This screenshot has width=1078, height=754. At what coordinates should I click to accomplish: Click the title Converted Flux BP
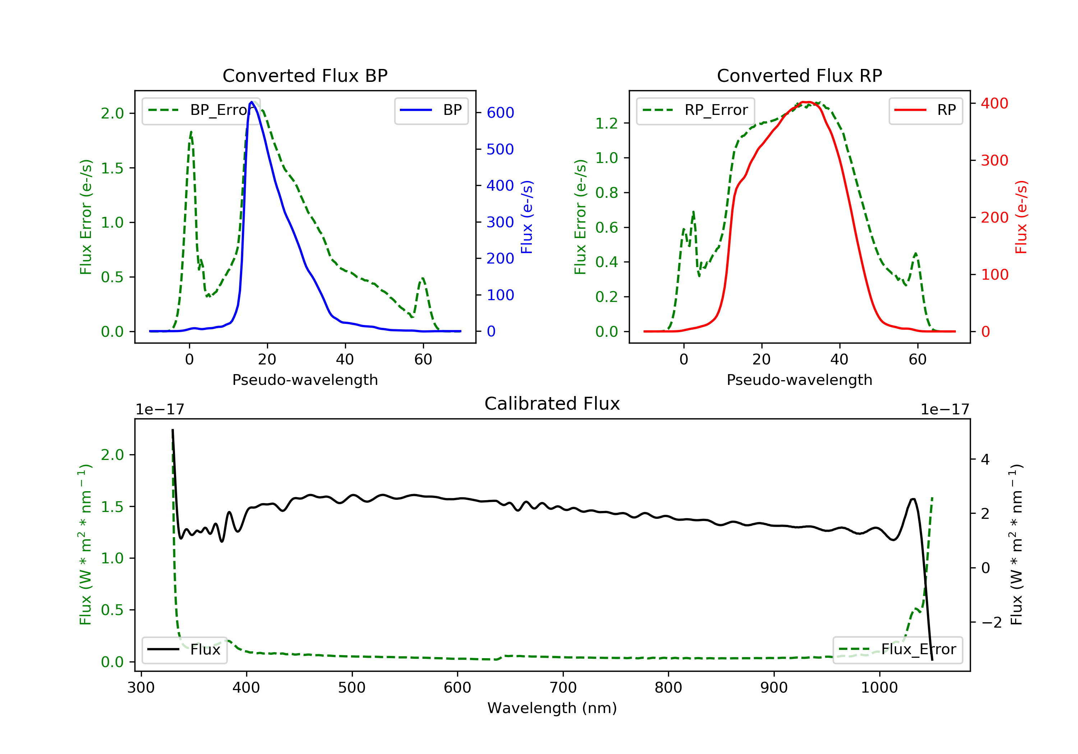click(x=305, y=75)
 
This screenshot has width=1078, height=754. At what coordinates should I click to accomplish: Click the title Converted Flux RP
click(x=799, y=75)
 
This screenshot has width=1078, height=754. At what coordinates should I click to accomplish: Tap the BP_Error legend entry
click(x=201, y=110)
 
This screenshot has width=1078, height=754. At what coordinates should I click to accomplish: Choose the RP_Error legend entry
click(x=695, y=110)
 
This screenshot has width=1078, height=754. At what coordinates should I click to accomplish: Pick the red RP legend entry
click(x=925, y=110)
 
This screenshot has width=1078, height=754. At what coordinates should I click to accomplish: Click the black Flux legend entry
click(x=185, y=650)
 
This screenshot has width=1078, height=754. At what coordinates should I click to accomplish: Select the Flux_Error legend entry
click(x=897, y=650)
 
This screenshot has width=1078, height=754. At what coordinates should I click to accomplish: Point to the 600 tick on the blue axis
click(x=500, y=113)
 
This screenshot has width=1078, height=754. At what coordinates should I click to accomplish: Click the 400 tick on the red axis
click(x=994, y=103)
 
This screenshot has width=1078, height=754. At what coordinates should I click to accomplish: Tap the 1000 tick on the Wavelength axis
click(x=879, y=688)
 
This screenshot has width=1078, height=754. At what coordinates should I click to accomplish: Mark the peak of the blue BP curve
click(x=252, y=102)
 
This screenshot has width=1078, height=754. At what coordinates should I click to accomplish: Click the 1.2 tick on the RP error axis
click(x=606, y=124)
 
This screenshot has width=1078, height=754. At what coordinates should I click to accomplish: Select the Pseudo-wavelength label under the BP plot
click(x=305, y=380)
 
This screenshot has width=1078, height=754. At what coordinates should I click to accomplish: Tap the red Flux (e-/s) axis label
click(x=1021, y=217)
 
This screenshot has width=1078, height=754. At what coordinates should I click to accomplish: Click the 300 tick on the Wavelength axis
click(x=141, y=688)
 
